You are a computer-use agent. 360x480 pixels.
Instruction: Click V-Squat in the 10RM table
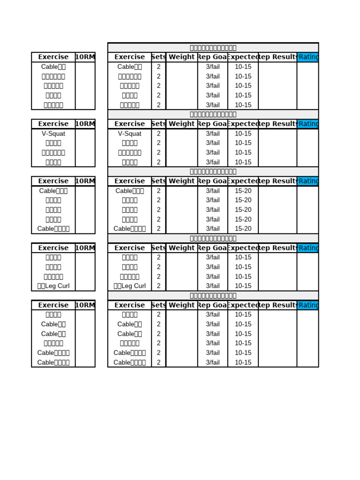(53, 134)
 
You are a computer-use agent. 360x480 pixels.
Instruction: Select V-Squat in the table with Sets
(130, 134)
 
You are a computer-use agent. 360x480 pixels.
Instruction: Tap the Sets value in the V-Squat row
(159, 134)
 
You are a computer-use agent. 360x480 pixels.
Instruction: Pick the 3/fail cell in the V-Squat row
(213, 134)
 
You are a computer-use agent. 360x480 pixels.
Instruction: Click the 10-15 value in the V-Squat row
(243, 134)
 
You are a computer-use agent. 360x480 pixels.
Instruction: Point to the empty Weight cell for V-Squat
(182, 134)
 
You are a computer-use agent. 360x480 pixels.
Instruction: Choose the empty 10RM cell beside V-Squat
(85, 134)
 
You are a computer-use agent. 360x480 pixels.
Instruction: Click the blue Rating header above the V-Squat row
(308, 124)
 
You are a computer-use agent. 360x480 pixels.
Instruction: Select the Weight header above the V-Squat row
(182, 124)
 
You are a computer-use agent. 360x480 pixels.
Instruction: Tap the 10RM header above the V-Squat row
(85, 124)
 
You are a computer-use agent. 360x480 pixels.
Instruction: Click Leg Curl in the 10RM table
(53, 286)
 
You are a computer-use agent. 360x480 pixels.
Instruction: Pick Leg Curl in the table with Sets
(130, 286)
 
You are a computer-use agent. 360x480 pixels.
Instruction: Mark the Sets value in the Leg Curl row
(159, 286)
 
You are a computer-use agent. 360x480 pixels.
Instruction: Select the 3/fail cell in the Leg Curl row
(213, 286)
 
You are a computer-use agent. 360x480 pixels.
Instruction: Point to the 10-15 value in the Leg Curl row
(243, 286)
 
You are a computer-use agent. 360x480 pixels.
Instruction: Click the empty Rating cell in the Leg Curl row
(308, 286)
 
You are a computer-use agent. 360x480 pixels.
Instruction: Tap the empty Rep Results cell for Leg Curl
(277, 286)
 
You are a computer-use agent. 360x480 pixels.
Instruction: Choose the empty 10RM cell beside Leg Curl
(85, 286)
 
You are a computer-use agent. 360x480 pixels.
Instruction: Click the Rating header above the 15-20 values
(308, 181)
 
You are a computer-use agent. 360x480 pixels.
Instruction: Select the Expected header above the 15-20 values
(243, 181)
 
